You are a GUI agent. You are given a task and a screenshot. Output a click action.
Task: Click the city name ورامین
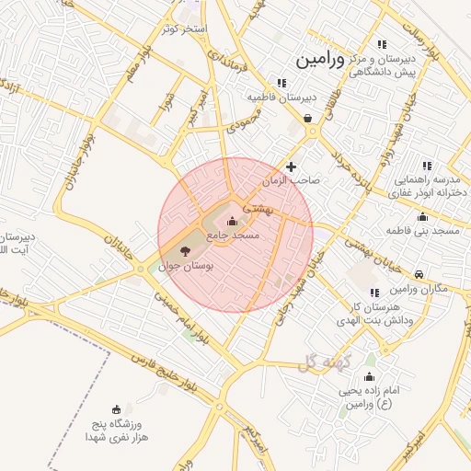click(320, 60)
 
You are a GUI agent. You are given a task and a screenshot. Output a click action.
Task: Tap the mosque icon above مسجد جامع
click(231, 221)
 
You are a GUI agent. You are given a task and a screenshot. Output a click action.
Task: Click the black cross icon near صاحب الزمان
click(292, 167)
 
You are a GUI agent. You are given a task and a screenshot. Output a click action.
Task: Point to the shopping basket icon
click(306, 118)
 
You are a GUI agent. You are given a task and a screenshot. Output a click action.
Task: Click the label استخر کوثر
click(187, 29)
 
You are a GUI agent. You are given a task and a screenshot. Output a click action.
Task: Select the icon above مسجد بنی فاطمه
click(422, 216)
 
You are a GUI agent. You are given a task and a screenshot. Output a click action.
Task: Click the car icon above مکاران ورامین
click(419, 274)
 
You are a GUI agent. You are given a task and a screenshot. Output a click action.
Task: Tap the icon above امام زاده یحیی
click(369, 376)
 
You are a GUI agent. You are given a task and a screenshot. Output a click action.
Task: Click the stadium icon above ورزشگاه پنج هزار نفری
click(116, 409)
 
